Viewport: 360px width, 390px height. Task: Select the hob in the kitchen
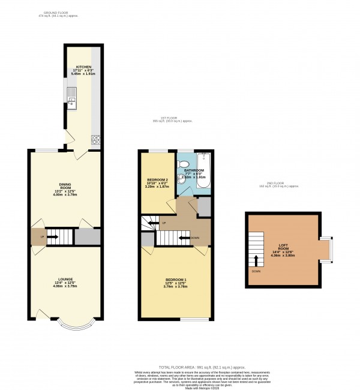point(95,141)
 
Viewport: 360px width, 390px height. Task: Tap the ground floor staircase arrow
point(55,237)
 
